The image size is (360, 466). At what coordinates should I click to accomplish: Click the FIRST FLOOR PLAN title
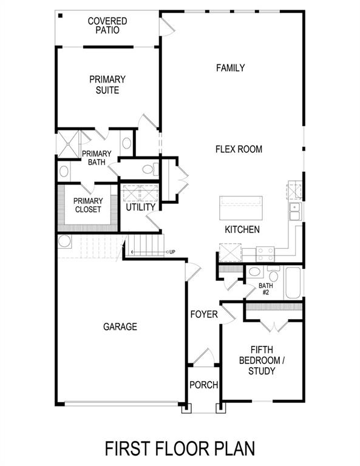180,448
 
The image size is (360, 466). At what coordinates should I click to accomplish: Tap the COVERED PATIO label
107,25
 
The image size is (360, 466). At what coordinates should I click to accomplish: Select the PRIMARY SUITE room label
107,85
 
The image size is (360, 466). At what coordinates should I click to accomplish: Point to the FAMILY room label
231,68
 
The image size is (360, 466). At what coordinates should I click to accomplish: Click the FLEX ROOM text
239,149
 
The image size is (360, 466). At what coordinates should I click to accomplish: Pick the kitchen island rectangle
241,209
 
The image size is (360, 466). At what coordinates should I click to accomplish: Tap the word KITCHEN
242,230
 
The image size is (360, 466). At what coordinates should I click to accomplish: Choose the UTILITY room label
141,208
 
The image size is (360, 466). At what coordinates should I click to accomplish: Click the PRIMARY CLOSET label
88,206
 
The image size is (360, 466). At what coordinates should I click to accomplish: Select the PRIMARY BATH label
96,158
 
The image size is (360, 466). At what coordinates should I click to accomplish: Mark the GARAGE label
120,326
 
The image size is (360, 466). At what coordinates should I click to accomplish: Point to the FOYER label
204,314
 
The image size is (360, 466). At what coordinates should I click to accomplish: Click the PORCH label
203,385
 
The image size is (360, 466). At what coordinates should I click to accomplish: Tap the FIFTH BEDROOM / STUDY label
262,360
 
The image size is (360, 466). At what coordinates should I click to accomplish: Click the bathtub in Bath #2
293,283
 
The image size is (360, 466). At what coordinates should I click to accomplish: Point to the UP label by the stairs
172,252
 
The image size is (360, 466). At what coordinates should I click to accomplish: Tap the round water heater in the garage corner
64,241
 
